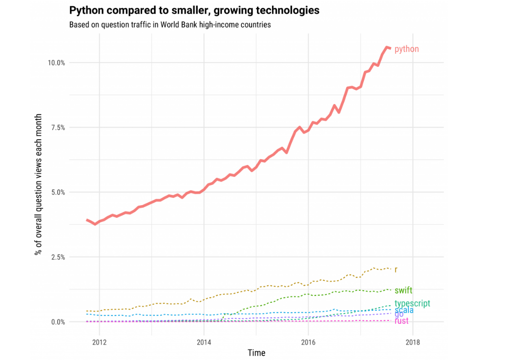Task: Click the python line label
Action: click(406, 49)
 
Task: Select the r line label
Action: click(396, 270)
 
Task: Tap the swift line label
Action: click(403, 290)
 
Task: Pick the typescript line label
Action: click(412, 303)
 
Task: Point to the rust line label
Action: click(401, 321)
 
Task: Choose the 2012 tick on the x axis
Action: click(99, 341)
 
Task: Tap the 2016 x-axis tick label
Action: click(308, 341)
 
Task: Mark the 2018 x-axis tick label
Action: click(413, 341)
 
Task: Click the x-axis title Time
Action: click(256, 353)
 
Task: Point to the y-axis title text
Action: click(38, 185)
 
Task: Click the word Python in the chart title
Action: click(85, 10)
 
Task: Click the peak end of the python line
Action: click(387, 47)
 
